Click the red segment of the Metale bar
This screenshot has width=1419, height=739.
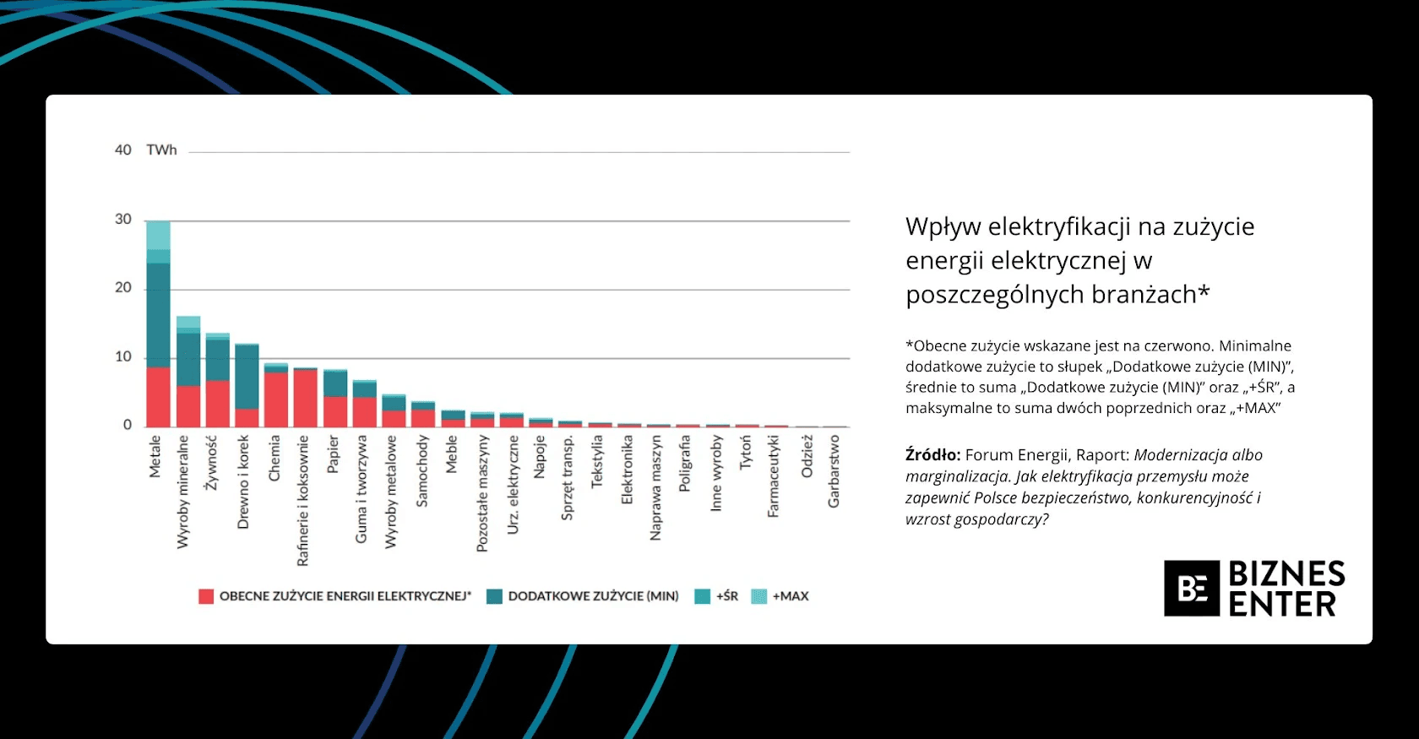click(x=158, y=397)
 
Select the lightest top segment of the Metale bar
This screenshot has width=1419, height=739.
click(x=158, y=235)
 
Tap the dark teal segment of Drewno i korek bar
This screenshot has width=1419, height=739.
click(x=247, y=377)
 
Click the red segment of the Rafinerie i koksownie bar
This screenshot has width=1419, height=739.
click(x=305, y=398)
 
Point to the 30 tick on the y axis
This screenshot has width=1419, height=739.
click(x=123, y=220)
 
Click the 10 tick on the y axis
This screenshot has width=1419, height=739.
click(x=123, y=356)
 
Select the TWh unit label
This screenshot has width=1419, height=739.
click(x=161, y=150)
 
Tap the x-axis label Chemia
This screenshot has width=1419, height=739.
click(x=275, y=459)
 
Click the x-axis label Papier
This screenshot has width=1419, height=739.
click(x=333, y=454)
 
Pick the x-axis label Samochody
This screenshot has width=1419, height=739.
click(x=422, y=471)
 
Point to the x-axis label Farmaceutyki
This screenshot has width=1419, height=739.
click(x=773, y=476)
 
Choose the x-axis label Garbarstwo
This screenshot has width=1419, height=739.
click(x=834, y=471)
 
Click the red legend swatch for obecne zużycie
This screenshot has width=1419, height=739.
click(x=206, y=596)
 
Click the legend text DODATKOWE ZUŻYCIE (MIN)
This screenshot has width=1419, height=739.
click(x=593, y=596)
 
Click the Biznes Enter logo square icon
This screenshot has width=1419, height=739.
click(x=1192, y=588)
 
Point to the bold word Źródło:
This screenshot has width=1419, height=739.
click(x=932, y=455)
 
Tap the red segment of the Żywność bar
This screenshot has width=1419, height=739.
click(x=218, y=404)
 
